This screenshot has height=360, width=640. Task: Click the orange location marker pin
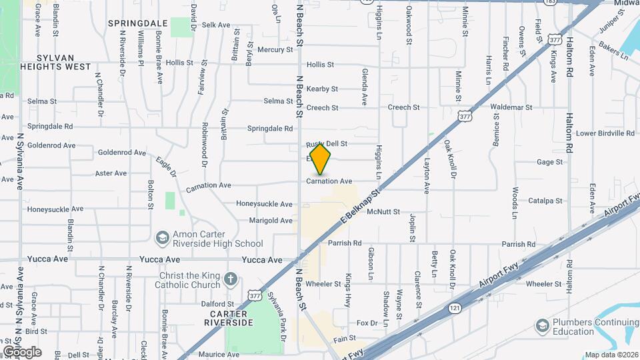coord(320,159)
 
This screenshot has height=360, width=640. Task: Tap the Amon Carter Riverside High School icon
coord(162,238)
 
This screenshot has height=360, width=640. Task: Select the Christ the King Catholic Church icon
coord(230,279)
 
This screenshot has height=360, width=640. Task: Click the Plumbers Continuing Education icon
coord(542,325)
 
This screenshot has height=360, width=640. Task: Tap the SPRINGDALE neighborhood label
coord(137,23)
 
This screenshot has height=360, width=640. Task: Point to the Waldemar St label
coord(510,107)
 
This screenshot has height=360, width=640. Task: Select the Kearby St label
coord(323,89)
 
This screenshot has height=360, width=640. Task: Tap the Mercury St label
coord(275,49)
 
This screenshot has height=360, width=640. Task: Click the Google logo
coord(22,352)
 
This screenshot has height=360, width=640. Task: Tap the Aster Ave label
coord(111,173)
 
